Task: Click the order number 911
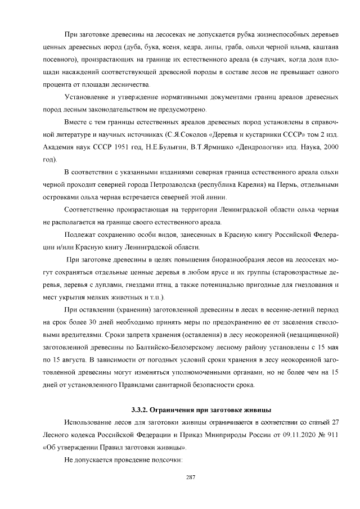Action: pos(331,435)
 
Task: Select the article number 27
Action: pos(333,422)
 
